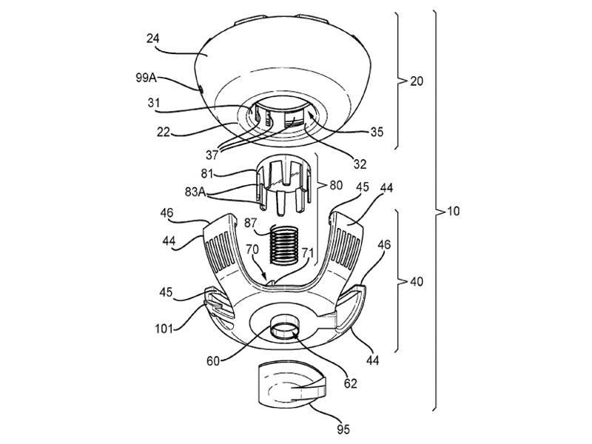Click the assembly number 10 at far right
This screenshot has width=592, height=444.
click(x=452, y=211)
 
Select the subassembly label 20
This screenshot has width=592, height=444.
click(x=417, y=81)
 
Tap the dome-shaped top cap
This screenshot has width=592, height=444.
click(x=281, y=63)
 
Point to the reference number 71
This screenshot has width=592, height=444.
click(x=308, y=252)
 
